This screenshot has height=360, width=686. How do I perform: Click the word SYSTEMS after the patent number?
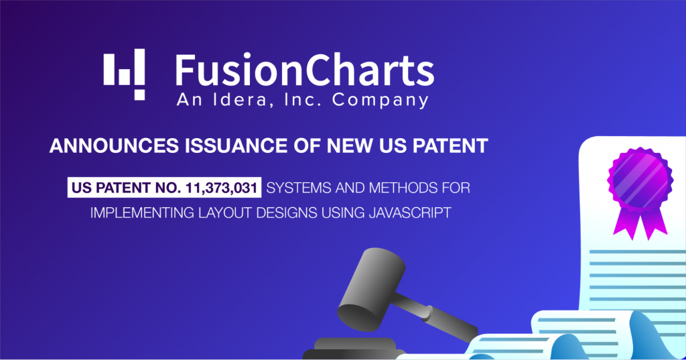tap(301, 188)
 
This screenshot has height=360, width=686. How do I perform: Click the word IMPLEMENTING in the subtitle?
tap(139, 213)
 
